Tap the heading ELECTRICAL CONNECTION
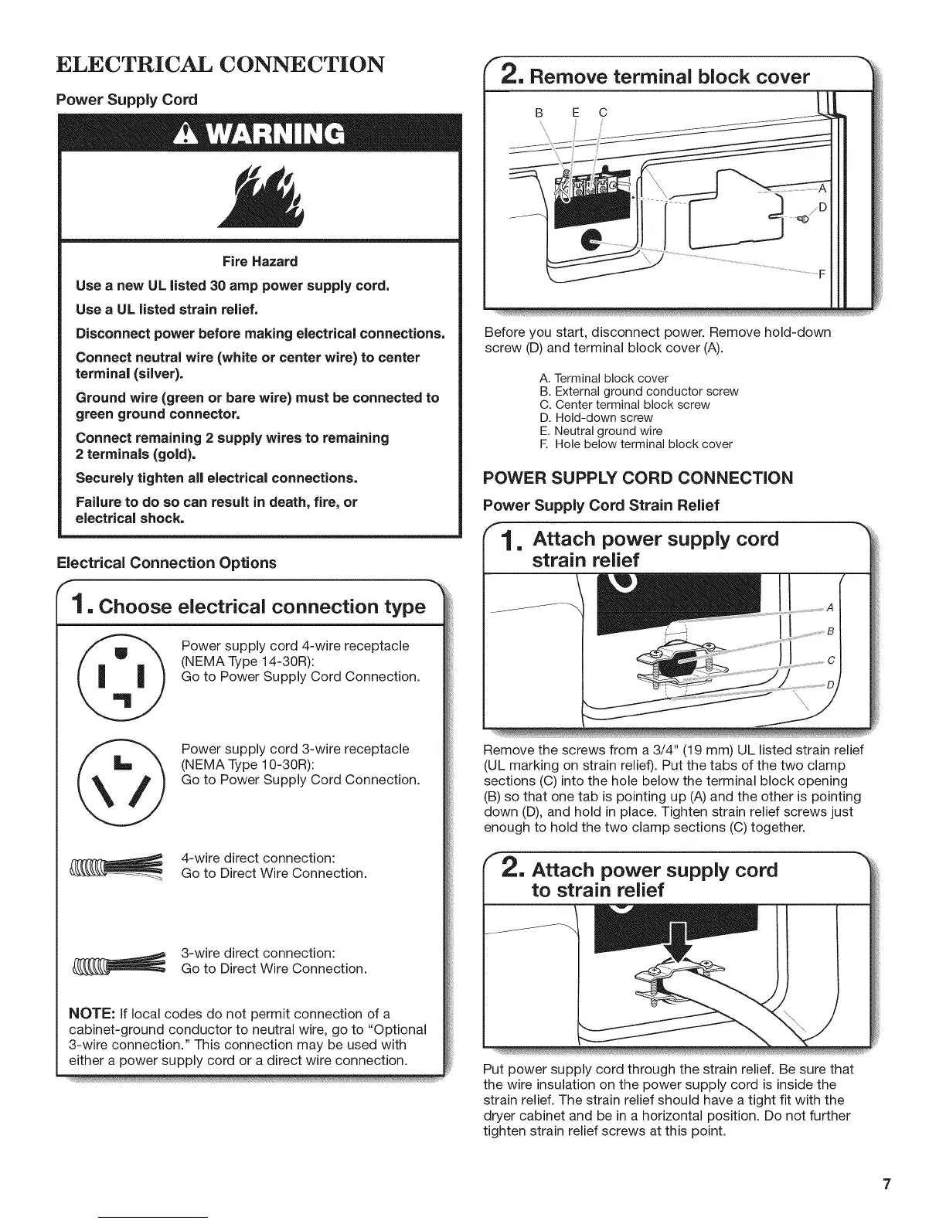[219, 63]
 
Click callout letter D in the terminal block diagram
[823, 207]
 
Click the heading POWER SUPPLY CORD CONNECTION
[638, 478]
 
